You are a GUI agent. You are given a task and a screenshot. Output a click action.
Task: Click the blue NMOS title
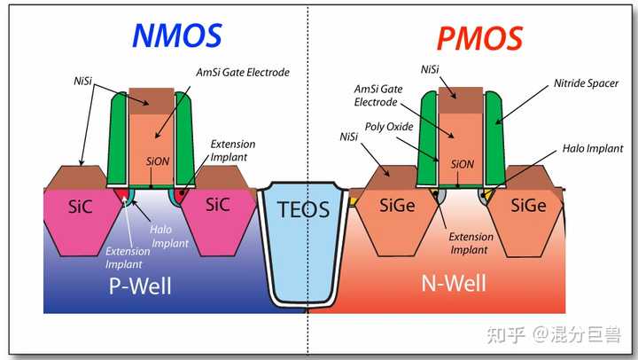177,35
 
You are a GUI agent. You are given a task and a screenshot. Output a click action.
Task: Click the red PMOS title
479,38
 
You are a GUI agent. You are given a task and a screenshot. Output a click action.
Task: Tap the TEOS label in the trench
304,209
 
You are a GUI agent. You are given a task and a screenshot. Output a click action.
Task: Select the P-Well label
140,286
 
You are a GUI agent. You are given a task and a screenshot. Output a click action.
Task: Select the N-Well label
454,283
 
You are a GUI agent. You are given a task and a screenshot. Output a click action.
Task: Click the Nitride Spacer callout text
586,83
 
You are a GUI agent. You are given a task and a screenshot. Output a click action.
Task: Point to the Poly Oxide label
389,127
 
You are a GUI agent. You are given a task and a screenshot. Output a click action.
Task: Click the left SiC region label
80,207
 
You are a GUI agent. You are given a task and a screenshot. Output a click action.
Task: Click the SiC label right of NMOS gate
218,205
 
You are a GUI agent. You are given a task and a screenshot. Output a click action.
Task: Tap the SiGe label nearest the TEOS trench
397,205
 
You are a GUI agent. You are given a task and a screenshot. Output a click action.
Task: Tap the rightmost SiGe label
528,205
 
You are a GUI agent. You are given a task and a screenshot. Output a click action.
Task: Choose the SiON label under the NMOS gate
158,161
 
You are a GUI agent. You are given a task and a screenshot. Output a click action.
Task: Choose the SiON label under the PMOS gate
463,165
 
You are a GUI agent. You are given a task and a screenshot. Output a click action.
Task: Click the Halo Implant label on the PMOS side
593,149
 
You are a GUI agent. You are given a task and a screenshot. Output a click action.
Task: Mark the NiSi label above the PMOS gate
430,70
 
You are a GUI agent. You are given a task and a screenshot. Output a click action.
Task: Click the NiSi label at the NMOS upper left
83,81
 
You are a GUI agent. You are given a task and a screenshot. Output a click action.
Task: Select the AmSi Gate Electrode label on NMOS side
243,73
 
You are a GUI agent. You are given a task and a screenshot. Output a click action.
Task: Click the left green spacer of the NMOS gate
118,138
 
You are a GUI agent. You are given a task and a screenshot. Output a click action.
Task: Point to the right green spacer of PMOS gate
495,138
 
